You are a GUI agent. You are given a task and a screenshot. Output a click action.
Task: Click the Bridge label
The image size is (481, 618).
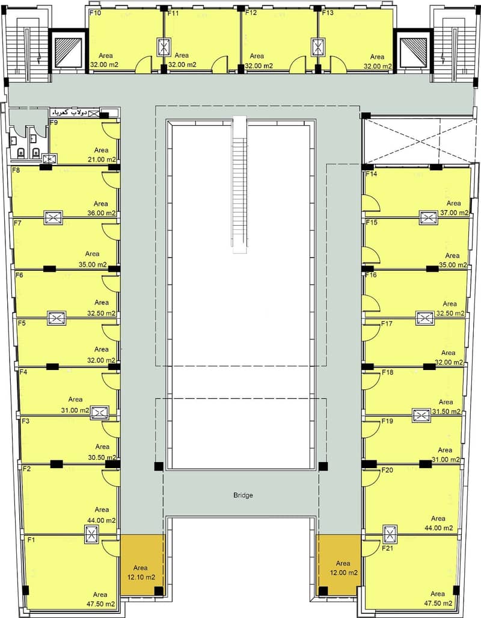(x=243, y=495)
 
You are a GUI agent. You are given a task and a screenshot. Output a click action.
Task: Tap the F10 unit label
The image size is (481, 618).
(x=95, y=13)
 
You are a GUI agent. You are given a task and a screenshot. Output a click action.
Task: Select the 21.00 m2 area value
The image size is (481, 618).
(x=102, y=159)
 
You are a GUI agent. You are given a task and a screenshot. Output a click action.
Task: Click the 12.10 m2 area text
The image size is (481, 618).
(x=141, y=578)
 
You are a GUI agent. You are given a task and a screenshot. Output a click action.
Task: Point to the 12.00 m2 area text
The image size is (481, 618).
(x=344, y=573)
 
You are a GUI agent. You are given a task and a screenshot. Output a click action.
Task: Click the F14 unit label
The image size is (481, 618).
(x=371, y=174)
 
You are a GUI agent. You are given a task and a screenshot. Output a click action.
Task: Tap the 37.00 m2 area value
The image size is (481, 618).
(x=455, y=212)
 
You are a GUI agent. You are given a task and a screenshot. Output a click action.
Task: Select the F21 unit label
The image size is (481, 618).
(x=388, y=548)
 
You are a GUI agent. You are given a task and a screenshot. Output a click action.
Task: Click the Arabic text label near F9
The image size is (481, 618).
(x=69, y=113)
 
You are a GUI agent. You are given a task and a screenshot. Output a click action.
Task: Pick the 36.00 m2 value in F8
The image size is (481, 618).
(x=102, y=213)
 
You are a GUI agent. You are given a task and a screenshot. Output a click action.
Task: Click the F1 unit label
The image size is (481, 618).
(x=31, y=540)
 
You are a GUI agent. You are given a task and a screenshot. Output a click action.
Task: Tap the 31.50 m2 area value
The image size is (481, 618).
(x=446, y=412)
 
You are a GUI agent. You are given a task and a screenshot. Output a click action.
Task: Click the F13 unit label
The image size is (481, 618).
(x=327, y=13)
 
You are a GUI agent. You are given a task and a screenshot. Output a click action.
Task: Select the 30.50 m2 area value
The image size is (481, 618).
(x=102, y=457)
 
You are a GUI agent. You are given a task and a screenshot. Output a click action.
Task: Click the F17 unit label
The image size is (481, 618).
(x=387, y=324)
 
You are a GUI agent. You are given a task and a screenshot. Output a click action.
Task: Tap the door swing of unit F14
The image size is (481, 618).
(x=372, y=205)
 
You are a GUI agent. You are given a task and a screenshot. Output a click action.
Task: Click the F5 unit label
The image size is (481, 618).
(x=22, y=323)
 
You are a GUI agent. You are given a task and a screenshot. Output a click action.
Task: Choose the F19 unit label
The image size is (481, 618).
(x=387, y=421)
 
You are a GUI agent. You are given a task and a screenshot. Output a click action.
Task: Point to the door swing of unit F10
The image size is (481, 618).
(x=143, y=64)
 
